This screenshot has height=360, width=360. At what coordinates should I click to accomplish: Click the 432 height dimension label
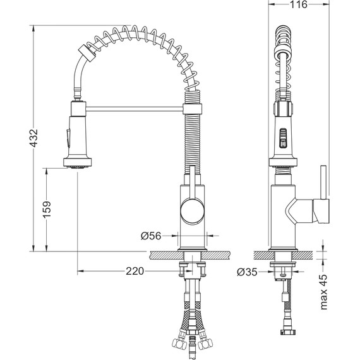34,138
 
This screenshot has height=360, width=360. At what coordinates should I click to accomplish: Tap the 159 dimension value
47,210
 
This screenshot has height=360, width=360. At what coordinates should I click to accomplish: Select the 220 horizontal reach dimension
135,271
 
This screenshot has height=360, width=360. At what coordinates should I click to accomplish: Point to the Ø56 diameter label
151,236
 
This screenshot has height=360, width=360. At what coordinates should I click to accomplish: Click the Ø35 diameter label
247,272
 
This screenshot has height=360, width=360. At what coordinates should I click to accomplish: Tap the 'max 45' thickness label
324,292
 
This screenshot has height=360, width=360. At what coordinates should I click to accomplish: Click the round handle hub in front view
193,211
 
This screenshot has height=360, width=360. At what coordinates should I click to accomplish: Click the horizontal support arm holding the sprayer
135,109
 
